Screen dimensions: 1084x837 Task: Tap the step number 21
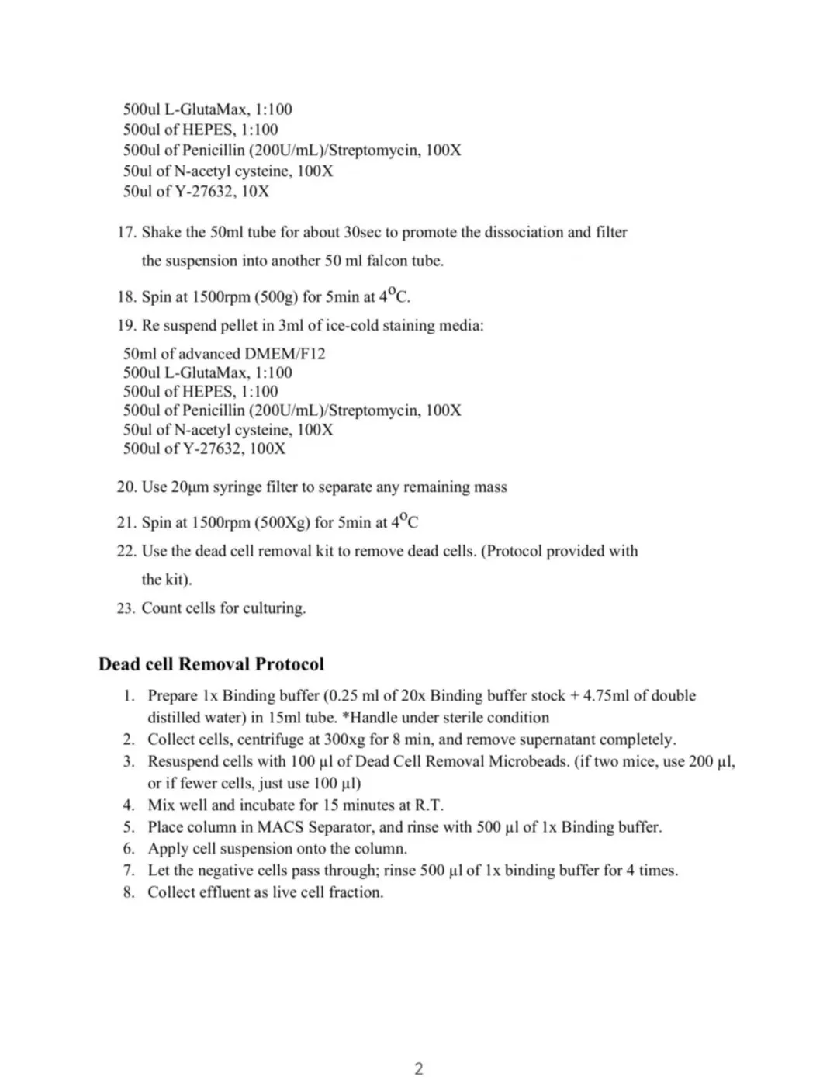pyautogui.click(x=126, y=522)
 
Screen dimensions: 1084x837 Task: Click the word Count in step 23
pyautogui.click(x=161, y=608)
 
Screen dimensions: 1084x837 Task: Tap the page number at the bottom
pyautogui.click(x=419, y=1068)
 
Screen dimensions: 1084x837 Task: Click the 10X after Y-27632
pyautogui.click(x=255, y=191)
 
